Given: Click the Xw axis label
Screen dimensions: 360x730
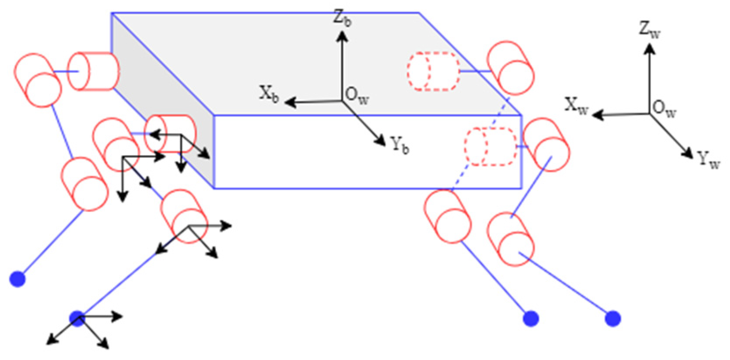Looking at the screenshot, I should [576, 105].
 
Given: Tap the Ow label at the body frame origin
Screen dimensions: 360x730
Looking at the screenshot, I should [357, 96].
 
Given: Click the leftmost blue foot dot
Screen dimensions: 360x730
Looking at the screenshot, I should [18, 279].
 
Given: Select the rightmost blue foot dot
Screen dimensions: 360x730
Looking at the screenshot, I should [613, 319].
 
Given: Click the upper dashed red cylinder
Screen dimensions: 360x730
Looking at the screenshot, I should [433, 71].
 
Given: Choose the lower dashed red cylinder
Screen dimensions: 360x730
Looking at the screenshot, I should [491, 146].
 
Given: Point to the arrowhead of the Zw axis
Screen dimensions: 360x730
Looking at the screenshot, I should [649, 47].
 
